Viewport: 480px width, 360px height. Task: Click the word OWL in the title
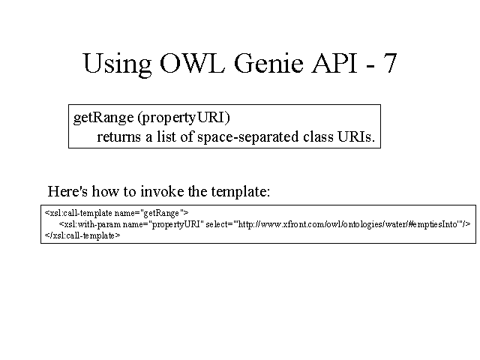(x=192, y=63)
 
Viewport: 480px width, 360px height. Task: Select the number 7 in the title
(x=389, y=63)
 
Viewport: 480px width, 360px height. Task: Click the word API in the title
(x=334, y=63)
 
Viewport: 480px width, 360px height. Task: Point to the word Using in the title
(x=117, y=65)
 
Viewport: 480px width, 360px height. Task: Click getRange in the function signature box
(x=103, y=118)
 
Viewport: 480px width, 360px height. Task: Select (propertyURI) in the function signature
(x=184, y=118)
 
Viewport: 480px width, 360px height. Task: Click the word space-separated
(x=248, y=137)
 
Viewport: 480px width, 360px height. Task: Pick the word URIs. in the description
(x=356, y=136)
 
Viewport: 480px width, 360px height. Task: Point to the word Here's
(x=67, y=191)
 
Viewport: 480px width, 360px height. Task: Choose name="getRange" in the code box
(x=151, y=213)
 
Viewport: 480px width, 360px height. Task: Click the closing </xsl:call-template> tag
(x=82, y=235)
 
